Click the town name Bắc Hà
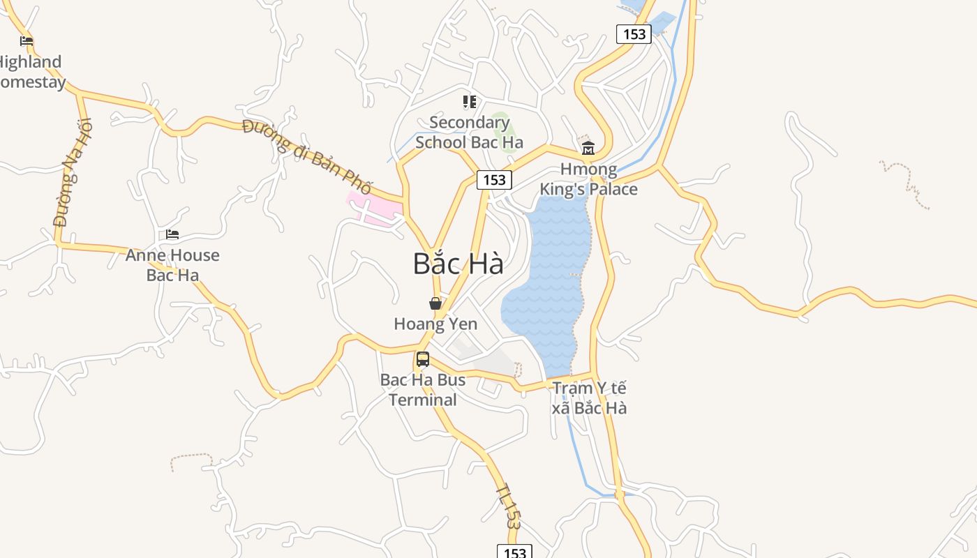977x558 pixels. (458, 264)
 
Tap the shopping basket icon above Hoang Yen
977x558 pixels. (435, 303)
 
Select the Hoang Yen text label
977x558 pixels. (435, 324)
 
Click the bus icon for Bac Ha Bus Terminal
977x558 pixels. (423, 359)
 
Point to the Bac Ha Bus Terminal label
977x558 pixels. (423, 390)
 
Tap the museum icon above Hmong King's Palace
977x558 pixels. (588, 148)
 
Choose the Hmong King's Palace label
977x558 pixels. (588, 179)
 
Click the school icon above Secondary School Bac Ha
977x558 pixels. (470, 103)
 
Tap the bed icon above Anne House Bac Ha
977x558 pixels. (172, 234)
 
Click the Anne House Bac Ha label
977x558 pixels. (172, 265)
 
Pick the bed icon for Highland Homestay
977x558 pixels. (27, 41)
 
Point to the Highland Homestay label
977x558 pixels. (31, 72)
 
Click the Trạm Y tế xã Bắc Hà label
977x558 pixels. (589, 398)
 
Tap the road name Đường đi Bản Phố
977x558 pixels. (307, 156)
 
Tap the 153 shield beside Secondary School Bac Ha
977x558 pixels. (494, 180)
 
